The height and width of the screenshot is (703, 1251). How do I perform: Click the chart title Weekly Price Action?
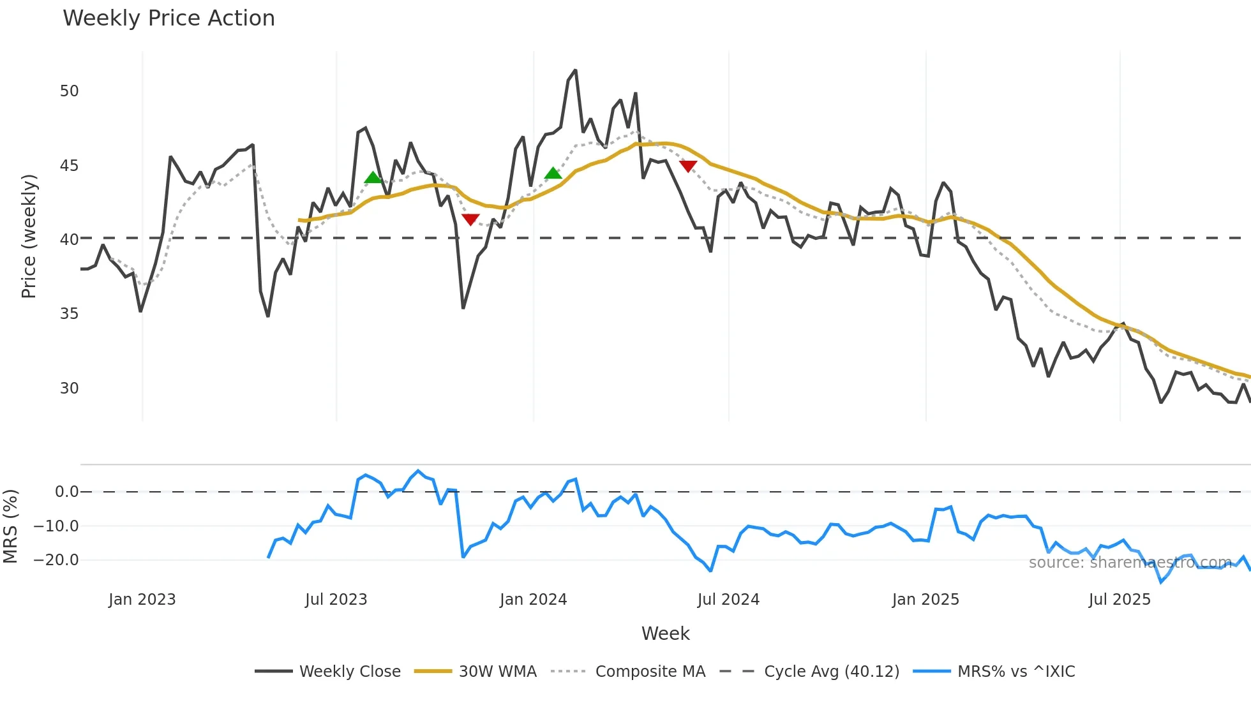point(169,18)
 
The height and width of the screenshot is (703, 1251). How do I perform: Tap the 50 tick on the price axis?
point(69,91)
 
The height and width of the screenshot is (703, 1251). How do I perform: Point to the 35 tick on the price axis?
point(69,314)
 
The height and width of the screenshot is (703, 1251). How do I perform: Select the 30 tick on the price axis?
point(69,389)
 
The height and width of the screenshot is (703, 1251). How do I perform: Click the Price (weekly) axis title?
point(29,236)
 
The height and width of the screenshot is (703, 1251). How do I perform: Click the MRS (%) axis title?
point(10,526)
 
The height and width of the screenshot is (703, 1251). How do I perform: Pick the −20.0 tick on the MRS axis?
point(56,560)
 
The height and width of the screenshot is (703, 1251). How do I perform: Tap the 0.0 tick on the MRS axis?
point(66,492)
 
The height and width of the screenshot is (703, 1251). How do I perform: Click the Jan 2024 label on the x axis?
point(533,600)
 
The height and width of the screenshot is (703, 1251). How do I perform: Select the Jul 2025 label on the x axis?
point(1120,600)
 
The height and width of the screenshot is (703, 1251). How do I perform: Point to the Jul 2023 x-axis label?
point(336,600)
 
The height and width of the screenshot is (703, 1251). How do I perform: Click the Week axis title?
point(665,633)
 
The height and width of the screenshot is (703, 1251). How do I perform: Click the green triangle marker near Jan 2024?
point(553,174)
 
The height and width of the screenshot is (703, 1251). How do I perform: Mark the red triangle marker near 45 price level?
point(688,166)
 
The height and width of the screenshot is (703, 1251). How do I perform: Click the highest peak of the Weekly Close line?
point(575,70)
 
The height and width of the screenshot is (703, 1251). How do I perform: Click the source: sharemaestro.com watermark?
point(1130,563)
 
